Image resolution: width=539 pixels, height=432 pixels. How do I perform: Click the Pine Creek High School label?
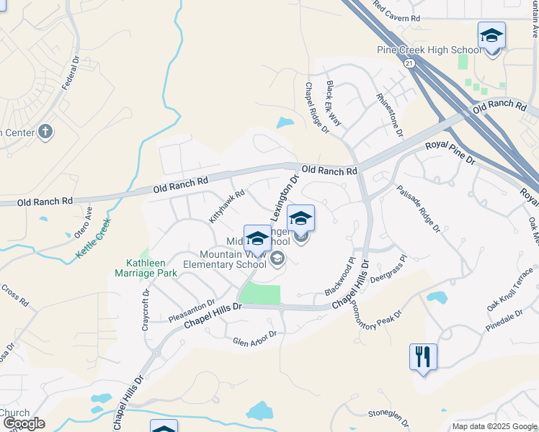click(429, 50)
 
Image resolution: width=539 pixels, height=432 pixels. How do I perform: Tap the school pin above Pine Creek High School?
click(491, 35)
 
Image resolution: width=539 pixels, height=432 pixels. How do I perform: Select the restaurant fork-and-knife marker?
click(423, 356)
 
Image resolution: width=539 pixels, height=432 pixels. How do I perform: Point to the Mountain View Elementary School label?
click(233, 259)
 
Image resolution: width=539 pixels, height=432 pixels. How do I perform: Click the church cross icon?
click(45, 132)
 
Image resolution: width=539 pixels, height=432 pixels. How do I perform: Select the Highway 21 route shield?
click(409, 63)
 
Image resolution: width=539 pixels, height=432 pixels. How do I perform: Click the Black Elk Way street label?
click(334, 104)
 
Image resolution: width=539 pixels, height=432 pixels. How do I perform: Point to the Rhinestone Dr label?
click(390, 114)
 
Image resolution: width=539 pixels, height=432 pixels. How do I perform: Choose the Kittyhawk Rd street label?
click(227, 205)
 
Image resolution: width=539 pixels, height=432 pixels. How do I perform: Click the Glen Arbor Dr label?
click(254, 338)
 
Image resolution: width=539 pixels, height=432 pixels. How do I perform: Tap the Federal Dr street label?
click(70, 72)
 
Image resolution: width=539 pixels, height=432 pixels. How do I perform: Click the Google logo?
click(24, 423)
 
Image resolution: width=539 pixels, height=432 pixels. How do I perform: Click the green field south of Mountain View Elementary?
click(259, 294)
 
